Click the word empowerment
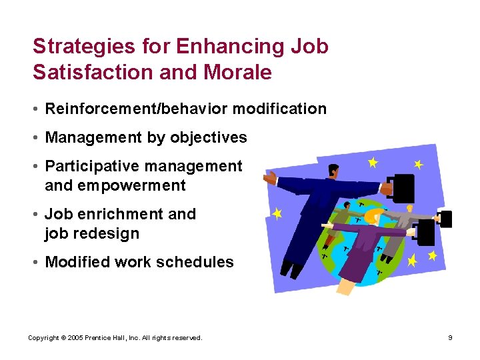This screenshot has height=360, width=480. tap(131, 186)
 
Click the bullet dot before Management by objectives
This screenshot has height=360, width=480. tap(37, 138)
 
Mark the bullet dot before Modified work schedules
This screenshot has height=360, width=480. tap(37, 263)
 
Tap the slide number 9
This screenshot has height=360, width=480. tap(450, 338)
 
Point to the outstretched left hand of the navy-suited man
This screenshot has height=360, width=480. tap(270, 178)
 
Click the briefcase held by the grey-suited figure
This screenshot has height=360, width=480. tap(445, 218)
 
